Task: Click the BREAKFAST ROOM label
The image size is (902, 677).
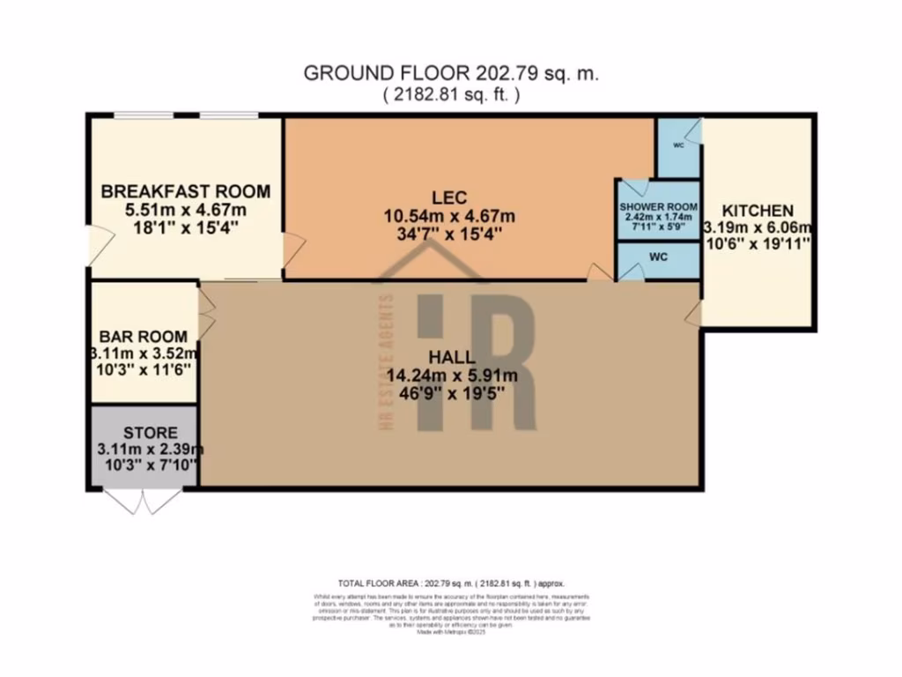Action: [185, 191]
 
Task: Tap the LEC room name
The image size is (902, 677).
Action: [449, 196]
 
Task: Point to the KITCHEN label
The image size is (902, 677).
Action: [758, 211]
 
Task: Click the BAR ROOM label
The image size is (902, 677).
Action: [143, 336]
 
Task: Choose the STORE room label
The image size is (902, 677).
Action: [150, 432]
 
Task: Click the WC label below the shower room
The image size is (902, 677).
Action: [659, 257]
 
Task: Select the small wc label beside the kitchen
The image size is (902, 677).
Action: [678, 146]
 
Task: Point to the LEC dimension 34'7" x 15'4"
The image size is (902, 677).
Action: [449, 234]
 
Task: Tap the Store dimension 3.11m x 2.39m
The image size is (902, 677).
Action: [150, 449]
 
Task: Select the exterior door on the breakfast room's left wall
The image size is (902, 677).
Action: [99, 243]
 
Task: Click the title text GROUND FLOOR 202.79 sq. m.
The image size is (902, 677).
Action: [451, 74]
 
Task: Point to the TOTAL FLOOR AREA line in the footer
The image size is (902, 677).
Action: [451, 584]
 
